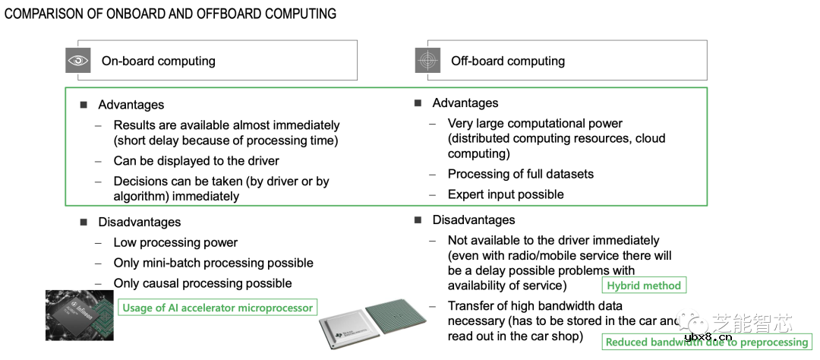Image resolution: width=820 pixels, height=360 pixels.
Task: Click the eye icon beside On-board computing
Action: coord(78,61)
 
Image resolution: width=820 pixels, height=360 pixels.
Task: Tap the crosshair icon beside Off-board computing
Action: coord(427,61)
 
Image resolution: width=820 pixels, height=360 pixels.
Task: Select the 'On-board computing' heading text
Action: coord(159,61)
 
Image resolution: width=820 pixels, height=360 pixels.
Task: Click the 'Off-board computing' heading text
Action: coord(508,61)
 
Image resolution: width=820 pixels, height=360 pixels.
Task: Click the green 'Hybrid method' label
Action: coord(644,286)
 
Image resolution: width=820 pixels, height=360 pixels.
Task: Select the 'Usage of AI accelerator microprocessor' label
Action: coord(217,308)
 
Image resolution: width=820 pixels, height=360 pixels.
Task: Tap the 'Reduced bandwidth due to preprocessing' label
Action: coord(706,342)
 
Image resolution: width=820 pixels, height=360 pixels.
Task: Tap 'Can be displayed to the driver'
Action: coord(196,161)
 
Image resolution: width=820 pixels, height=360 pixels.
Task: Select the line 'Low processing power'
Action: coord(175,243)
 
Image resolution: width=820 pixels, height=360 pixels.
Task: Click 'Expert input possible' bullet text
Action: coord(506,194)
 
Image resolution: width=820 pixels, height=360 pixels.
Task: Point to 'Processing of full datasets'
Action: coord(521,174)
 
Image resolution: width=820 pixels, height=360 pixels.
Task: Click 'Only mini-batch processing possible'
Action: coord(213,263)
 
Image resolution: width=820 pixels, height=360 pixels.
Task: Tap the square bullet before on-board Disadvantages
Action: coord(84,223)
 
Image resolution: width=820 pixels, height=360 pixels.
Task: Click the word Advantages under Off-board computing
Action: coord(465,103)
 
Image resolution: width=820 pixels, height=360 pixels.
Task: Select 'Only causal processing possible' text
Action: coord(203,283)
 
